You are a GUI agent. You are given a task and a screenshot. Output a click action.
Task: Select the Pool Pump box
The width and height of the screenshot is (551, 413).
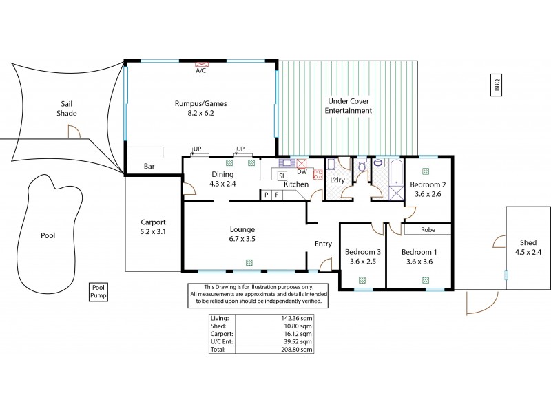pos(98,292)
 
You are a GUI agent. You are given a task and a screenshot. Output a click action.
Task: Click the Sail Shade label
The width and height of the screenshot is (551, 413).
pos(67,108)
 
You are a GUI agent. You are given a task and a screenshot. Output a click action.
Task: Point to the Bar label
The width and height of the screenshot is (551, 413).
pos(149,167)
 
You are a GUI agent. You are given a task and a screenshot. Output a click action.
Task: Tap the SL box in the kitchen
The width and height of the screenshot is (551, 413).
pos(282,176)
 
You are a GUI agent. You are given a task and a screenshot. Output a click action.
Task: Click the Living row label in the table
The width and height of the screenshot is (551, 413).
pos(222,318)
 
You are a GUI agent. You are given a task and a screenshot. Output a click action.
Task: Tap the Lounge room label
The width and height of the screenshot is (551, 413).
pos(243,229)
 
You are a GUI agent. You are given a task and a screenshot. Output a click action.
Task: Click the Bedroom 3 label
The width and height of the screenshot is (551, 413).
pos(363,252)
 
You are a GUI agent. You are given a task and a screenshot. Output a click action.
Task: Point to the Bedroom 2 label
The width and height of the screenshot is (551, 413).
pos(428,185)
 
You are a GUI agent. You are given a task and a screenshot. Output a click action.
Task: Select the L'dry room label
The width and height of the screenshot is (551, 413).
pos(337,180)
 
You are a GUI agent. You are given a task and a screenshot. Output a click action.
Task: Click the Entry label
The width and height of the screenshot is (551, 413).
pos(323,244)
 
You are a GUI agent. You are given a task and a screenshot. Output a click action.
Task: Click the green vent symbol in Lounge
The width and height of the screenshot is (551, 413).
pos(248,262)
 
